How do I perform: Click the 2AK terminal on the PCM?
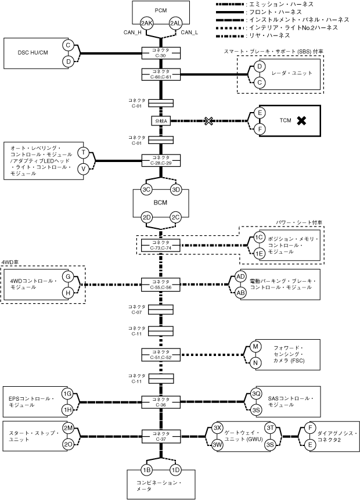(x=147, y=23)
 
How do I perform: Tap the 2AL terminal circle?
(x=175, y=23)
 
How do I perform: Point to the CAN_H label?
(x=133, y=33)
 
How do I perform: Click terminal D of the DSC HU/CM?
(x=68, y=61)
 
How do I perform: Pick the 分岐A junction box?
(x=161, y=121)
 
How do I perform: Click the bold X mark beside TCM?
(x=301, y=120)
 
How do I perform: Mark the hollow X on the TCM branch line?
(x=208, y=121)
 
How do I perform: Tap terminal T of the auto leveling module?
(x=83, y=153)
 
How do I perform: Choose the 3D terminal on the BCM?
(x=176, y=189)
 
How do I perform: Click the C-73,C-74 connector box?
(x=162, y=245)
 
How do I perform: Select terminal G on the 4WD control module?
(x=68, y=277)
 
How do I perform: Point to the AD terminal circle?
(x=240, y=277)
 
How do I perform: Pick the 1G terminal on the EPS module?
(x=68, y=394)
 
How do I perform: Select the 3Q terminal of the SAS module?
(x=256, y=394)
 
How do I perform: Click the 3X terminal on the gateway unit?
(x=217, y=427)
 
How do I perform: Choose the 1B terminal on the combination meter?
(x=147, y=469)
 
